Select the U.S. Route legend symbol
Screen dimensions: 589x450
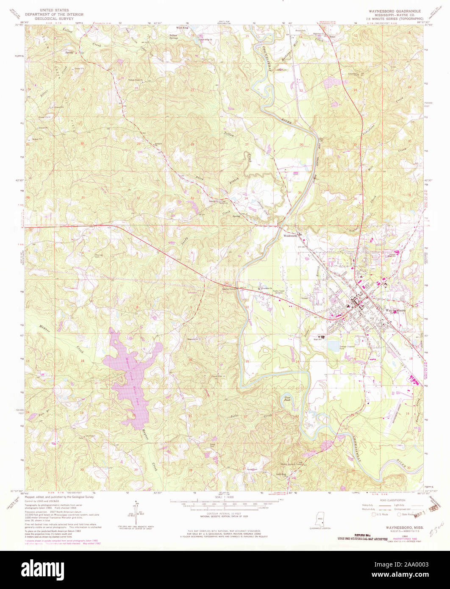374,514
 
